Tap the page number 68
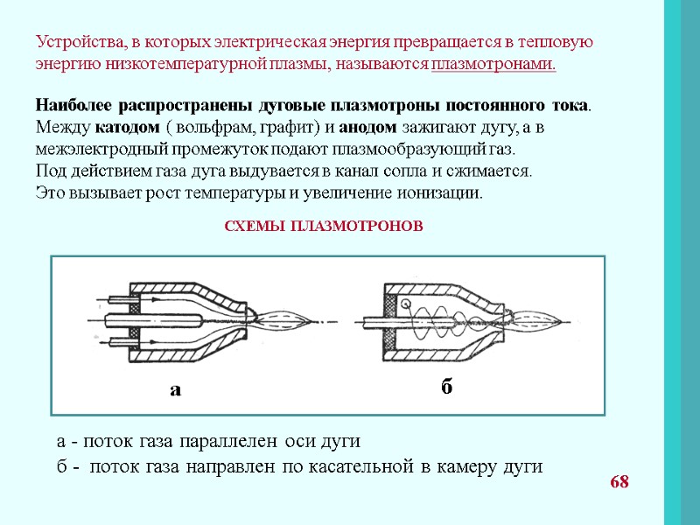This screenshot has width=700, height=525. tap(619, 482)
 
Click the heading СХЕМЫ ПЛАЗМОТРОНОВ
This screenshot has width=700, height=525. tap(324, 226)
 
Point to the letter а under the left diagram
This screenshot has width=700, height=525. tap(175, 389)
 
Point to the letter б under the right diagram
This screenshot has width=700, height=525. tap(446, 386)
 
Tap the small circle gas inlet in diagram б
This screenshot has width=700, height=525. tap(405, 303)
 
